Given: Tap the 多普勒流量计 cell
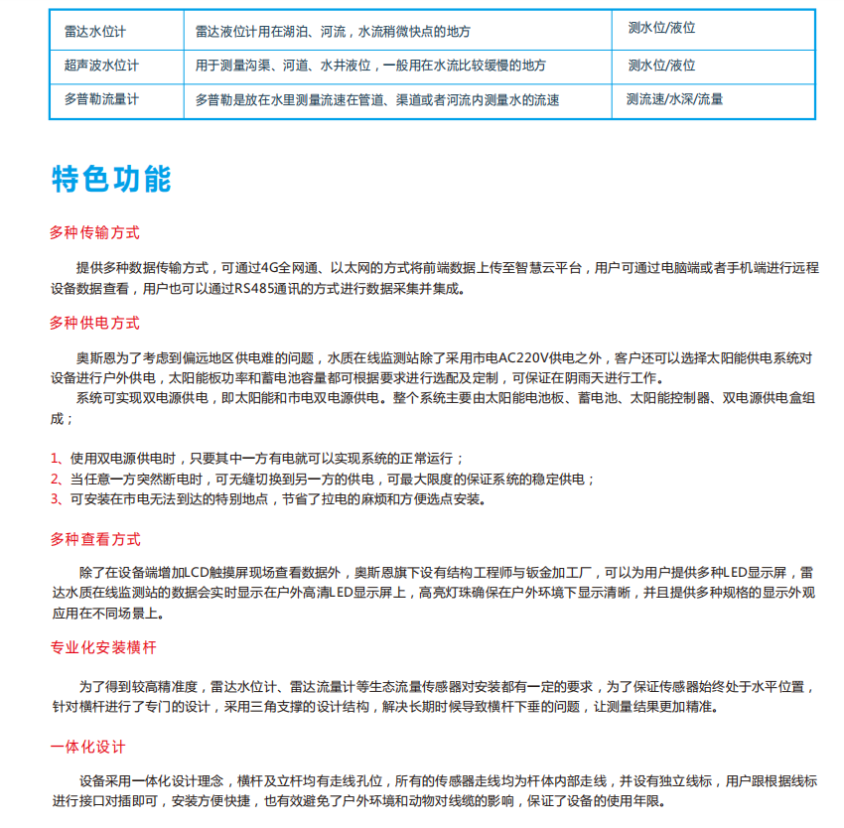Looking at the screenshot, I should [x=101, y=100].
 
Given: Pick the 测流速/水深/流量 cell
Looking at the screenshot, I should [x=674, y=99].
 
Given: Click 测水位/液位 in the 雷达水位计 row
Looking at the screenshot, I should [x=661, y=29].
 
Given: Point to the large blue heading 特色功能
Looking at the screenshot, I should [x=111, y=179].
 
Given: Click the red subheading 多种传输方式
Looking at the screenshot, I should [x=95, y=233].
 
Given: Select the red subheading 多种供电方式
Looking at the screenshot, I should [x=95, y=324].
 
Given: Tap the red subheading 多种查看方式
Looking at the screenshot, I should [x=95, y=540].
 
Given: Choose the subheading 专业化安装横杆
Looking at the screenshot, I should [x=103, y=648].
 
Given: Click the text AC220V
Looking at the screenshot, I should [x=521, y=358].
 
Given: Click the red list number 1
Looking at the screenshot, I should [x=55, y=459].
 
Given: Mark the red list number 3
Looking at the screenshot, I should [x=55, y=499].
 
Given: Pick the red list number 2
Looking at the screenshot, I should [x=55, y=480].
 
